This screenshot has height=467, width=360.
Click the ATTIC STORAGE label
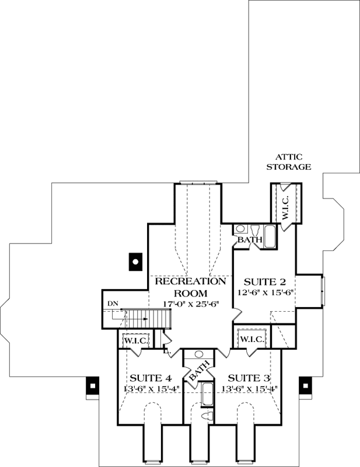(289, 162)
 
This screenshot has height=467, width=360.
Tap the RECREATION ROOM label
(190, 287)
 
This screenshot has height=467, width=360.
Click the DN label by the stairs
(113, 304)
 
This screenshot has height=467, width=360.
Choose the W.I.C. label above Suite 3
(252, 339)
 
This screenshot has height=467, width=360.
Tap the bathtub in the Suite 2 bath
(271, 236)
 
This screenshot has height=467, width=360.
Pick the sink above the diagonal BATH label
(198, 354)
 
